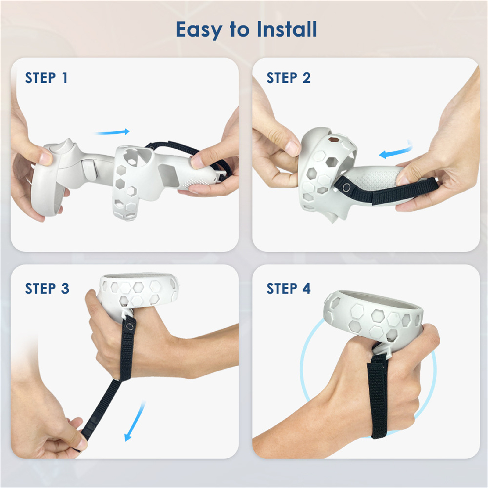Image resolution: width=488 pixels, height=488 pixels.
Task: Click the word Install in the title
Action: tap(287, 29)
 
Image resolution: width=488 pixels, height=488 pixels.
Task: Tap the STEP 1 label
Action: tap(46, 78)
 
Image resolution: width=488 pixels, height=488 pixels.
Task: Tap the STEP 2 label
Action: tap(289, 78)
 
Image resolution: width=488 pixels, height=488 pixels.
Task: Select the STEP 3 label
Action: tap(47, 289)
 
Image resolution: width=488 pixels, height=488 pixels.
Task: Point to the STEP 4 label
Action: tap(289, 289)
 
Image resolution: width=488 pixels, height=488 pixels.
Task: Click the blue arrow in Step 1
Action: tap(112, 132)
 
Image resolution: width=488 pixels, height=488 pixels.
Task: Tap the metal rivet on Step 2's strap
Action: tap(346, 188)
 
